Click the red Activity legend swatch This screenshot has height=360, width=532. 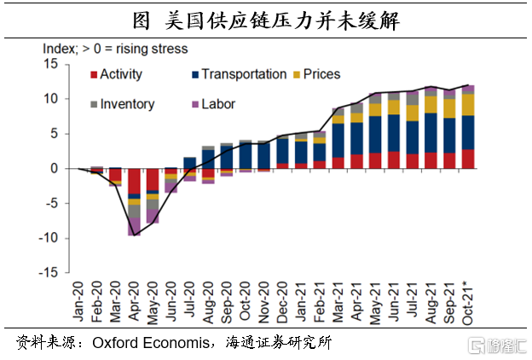point(93,75)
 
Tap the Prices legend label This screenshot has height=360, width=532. point(321,74)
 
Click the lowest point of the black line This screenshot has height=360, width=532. point(134,235)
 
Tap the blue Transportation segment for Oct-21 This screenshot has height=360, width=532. point(467,132)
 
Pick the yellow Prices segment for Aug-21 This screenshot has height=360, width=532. point(431,104)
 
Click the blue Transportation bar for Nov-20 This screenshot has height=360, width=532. point(263,155)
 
